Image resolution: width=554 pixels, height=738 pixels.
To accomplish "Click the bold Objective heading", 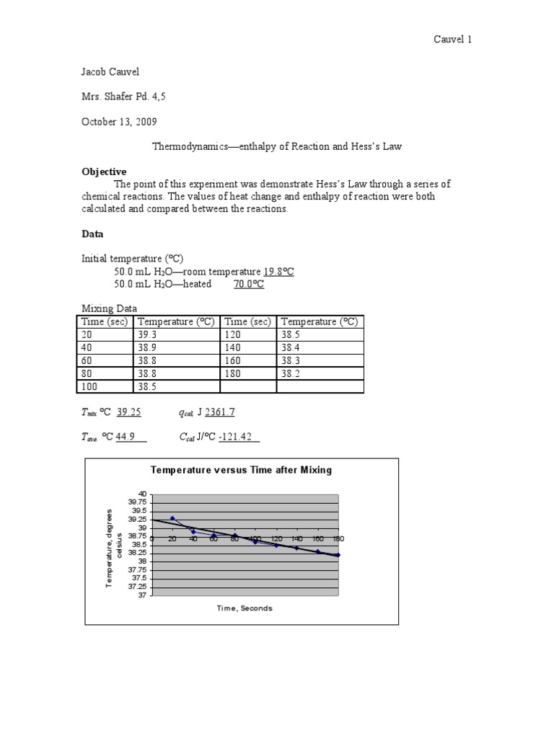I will pos(104,172).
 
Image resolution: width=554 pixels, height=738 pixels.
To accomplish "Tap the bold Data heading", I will pos(92,234).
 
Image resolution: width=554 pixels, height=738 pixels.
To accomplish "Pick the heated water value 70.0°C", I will pos(249,284).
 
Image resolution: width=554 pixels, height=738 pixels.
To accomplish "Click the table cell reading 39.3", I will pos(146,335).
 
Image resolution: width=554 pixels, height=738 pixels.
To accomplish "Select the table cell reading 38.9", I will pos(146,348).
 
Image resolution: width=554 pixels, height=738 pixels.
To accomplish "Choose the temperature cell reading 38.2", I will pos(291,374).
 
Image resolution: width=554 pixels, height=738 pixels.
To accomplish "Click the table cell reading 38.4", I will pos(291,348).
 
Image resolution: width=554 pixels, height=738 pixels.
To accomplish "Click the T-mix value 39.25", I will pos(129,412).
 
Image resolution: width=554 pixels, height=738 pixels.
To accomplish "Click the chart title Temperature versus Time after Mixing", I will pos(241,470).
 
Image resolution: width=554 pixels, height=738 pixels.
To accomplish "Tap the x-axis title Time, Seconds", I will pos(245,608).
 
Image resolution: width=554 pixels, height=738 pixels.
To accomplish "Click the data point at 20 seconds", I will pos(172,518).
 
